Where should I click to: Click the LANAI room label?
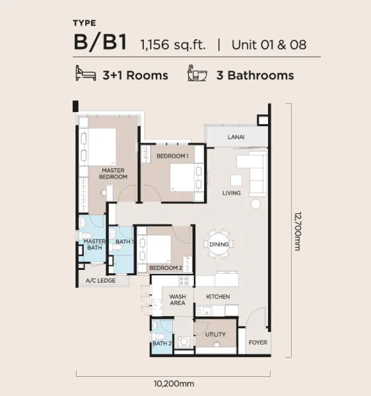click(236, 137)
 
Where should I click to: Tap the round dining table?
click(219, 244)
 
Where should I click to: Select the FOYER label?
click(257, 343)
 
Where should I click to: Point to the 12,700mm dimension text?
click(298, 231)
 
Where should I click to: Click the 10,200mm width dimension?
click(174, 384)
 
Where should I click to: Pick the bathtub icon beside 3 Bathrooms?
click(197, 73)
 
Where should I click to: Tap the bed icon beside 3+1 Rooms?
click(86, 73)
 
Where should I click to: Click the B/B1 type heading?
click(100, 42)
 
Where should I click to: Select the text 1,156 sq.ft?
click(173, 45)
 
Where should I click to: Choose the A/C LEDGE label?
click(100, 280)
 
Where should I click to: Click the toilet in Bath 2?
click(158, 337)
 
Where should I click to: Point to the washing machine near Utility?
click(184, 342)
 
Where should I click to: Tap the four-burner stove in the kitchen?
click(184, 281)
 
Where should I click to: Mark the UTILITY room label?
click(215, 335)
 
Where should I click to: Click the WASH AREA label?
click(178, 300)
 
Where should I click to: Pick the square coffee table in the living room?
click(236, 181)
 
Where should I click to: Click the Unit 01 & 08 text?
click(269, 45)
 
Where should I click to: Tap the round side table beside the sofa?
click(255, 204)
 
